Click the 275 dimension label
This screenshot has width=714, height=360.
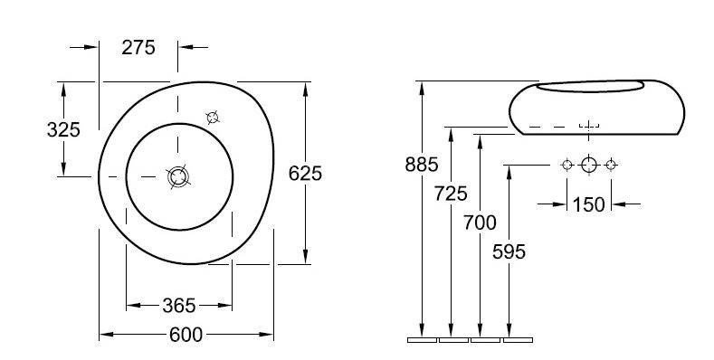(x=138, y=47)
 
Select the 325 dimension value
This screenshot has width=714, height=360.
(x=63, y=129)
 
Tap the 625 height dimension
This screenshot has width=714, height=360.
(x=305, y=173)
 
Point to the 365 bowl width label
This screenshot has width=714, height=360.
(x=179, y=305)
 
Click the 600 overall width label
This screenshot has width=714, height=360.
(x=186, y=335)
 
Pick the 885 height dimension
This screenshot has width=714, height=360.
(x=422, y=165)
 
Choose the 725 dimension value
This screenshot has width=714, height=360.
(x=451, y=193)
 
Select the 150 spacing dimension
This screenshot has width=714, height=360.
(x=588, y=204)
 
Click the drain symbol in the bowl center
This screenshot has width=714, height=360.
(x=177, y=176)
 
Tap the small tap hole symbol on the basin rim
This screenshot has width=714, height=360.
(x=214, y=117)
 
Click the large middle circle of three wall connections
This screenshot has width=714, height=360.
(x=589, y=164)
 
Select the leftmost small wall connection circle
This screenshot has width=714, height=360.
(x=567, y=164)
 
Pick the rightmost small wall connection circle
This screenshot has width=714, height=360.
(x=611, y=164)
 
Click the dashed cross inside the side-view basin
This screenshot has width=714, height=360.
(x=589, y=125)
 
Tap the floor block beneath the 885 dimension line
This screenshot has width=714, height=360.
(x=422, y=341)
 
